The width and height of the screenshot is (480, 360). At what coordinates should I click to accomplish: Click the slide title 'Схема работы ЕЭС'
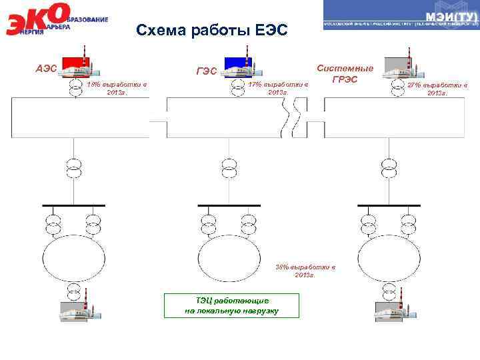(x=211, y=31)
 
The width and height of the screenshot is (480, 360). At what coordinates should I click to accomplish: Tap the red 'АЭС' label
(x=47, y=68)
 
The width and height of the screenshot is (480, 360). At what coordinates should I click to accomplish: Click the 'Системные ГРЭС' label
(x=345, y=73)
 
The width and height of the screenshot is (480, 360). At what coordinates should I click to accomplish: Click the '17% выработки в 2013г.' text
(x=278, y=89)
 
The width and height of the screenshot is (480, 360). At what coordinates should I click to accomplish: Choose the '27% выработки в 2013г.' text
(x=437, y=89)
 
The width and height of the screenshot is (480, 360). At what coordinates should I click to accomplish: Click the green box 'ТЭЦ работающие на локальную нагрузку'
(x=231, y=305)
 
